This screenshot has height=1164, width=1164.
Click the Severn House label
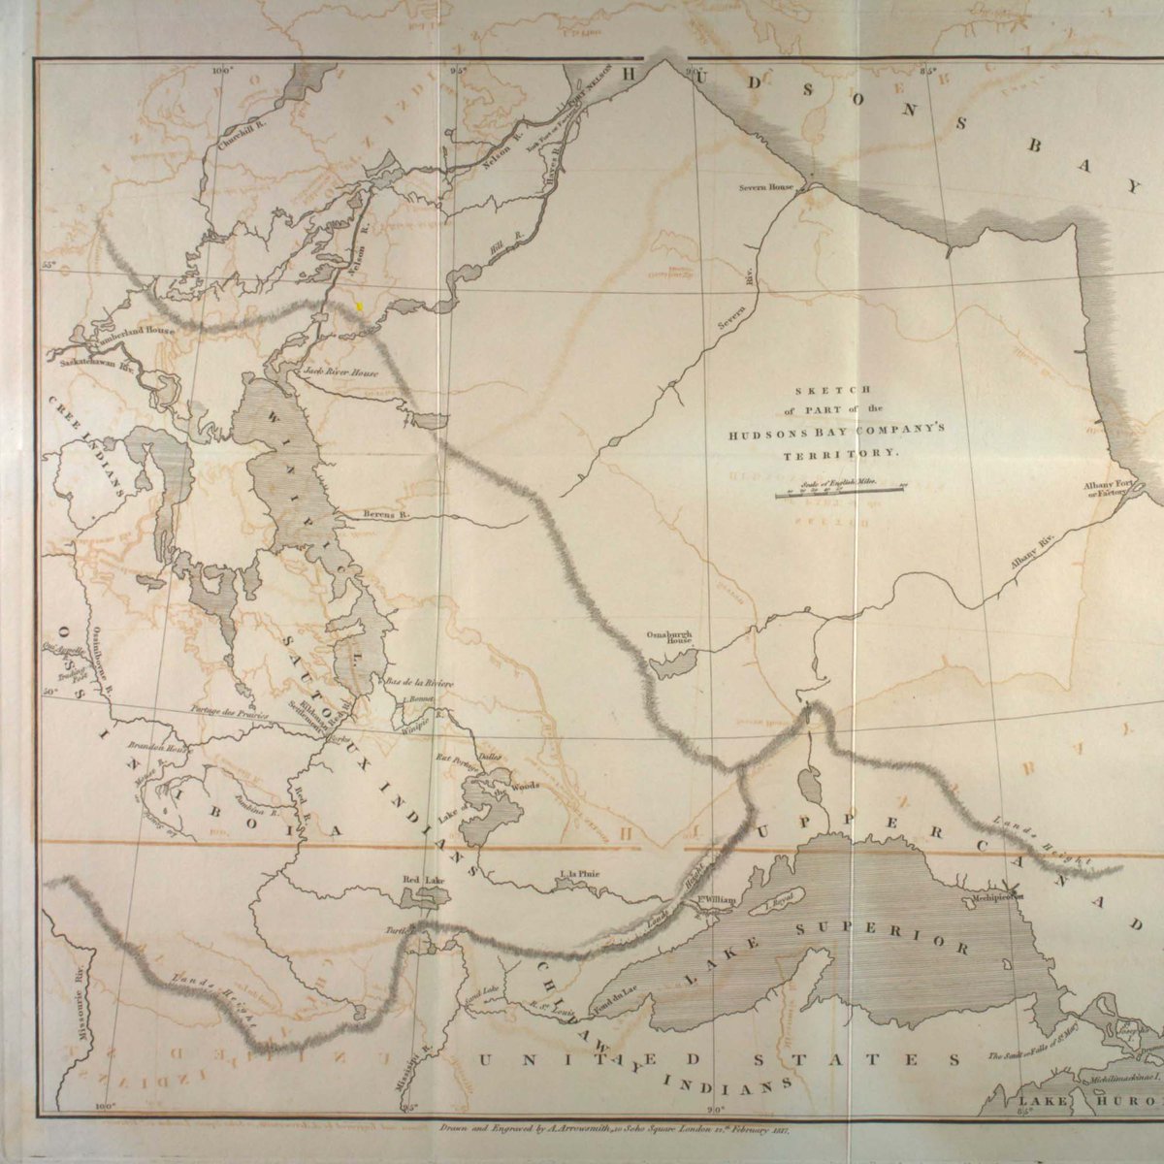tap(766, 186)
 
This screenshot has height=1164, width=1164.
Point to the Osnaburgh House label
tap(670, 637)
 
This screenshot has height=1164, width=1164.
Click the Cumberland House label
tap(133, 331)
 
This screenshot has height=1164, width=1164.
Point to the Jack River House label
tap(339, 372)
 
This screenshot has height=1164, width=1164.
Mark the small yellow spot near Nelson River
tap(360, 306)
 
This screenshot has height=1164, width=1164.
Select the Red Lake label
tap(424, 879)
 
